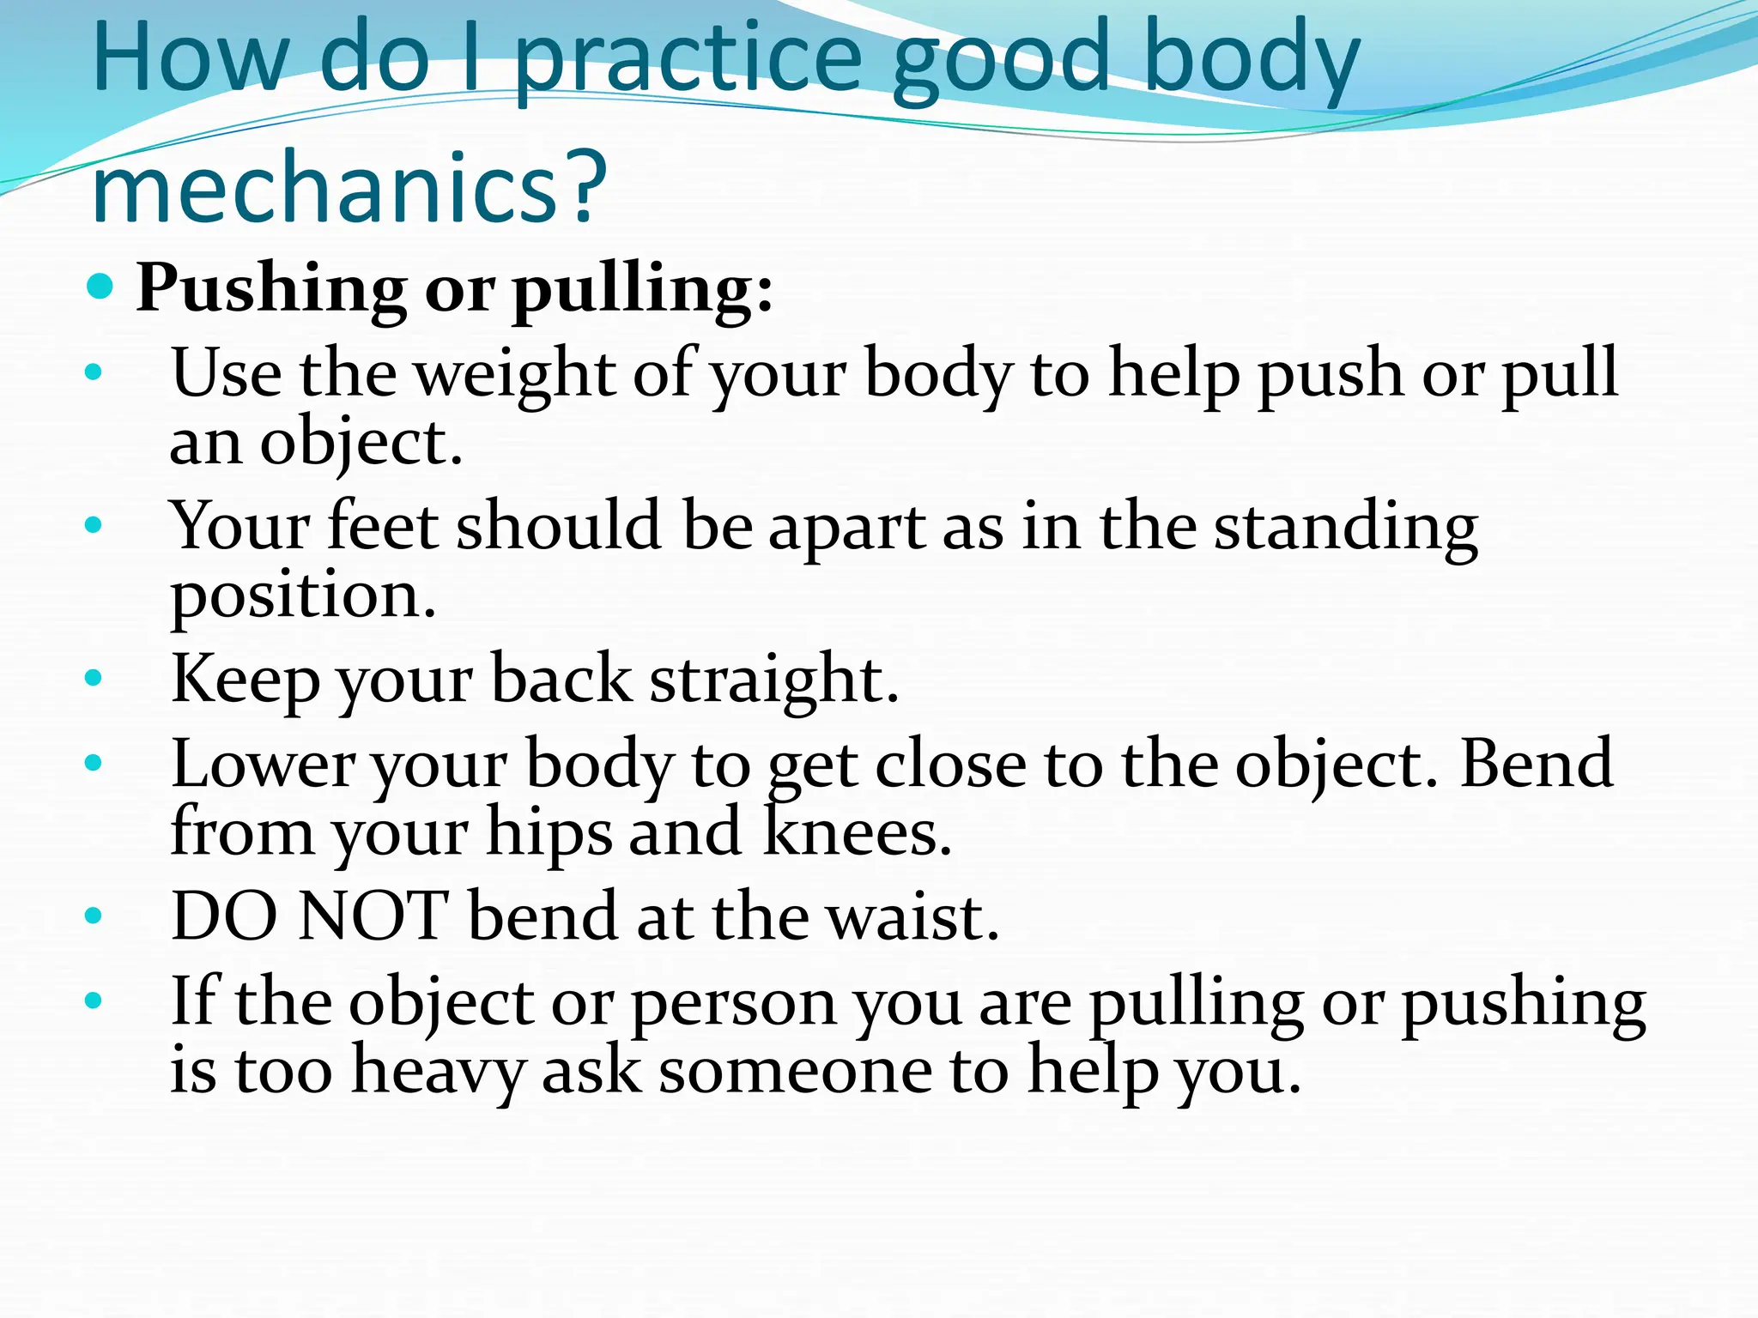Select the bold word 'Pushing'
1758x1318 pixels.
pyautogui.click(x=271, y=289)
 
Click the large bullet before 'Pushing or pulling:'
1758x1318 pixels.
pyautogui.click(x=100, y=287)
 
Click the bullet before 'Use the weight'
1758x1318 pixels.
pyautogui.click(x=94, y=373)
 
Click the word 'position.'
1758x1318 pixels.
pyautogui.click(x=303, y=596)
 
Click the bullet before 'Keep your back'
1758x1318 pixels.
pyautogui.click(x=94, y=679)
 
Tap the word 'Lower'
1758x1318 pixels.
pyautogui.click(x=263, y=764)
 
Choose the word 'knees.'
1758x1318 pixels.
pyautogui.click(x=858, y=832)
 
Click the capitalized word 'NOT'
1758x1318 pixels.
pyautogui.click(x=373, y=916)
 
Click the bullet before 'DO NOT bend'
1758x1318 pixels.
pyautogui.click(x=94, y=916)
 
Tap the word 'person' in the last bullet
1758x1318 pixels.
pyautogui.click(x=735, y=1003)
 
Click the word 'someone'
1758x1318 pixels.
pyautogui.click(x=795, y=1071)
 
